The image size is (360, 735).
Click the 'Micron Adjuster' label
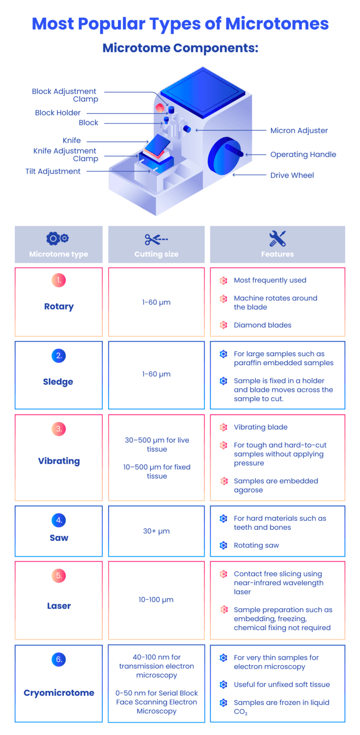pos(299,131)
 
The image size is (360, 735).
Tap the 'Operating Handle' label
pos(303,155)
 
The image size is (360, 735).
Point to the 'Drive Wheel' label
pos(292,175)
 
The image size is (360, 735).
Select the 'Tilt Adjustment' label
pos(53,171)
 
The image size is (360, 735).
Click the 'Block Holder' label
pos(58,112)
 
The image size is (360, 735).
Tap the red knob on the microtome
pos(160,108)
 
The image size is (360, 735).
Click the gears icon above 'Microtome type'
pos(57,238)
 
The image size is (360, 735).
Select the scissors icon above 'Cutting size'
pos(156,239)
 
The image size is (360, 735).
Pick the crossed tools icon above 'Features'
pos(277,238)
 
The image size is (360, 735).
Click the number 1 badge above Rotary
pos(59,280)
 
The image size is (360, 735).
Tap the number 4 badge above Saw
pos(59,520)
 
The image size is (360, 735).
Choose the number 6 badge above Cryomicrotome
pos(59,659)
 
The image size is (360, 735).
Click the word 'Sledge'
pos(58,382)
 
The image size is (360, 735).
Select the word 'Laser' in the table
pos(59,606)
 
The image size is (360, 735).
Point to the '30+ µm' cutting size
pos(156,531)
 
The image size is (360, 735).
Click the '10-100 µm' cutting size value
pos(156,600)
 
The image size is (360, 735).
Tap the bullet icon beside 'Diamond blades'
pos(224,325)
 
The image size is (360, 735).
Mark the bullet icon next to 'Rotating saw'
pos(224,546)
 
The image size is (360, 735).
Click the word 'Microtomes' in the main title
pos(277,23)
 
